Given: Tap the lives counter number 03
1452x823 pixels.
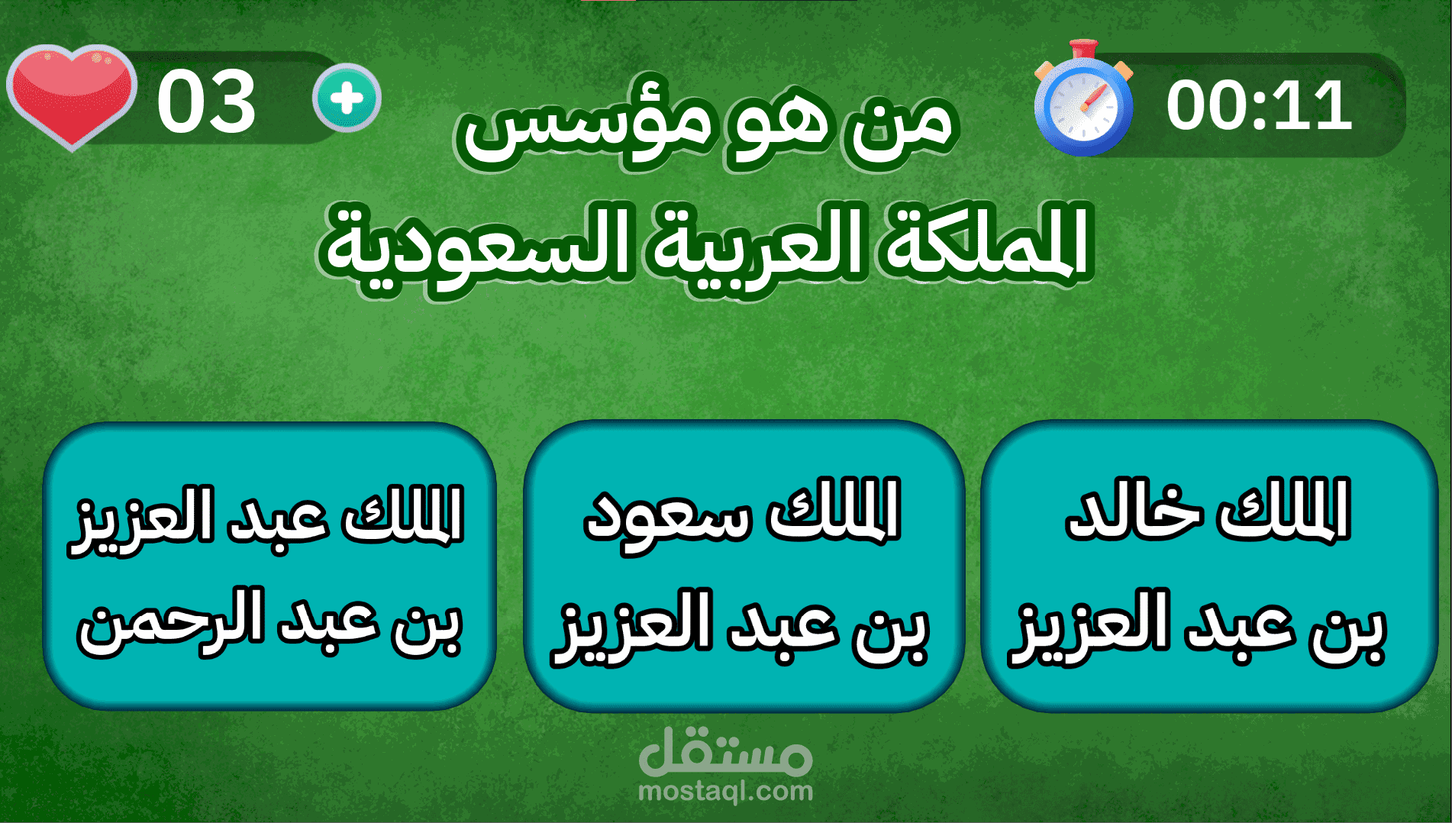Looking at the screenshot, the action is (206, 102).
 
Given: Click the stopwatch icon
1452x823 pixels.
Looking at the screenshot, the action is (1083, 99).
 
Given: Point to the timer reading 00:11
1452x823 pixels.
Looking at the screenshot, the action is (1259, 105).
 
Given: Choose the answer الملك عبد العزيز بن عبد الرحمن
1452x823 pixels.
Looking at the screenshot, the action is (269, 566).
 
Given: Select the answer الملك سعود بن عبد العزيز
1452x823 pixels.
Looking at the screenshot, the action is (744, 566).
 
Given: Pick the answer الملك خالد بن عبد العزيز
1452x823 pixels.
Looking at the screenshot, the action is (1209, 566).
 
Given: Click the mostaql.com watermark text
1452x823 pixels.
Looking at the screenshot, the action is (725, 791).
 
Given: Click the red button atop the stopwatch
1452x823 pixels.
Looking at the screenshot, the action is (1083, 49).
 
